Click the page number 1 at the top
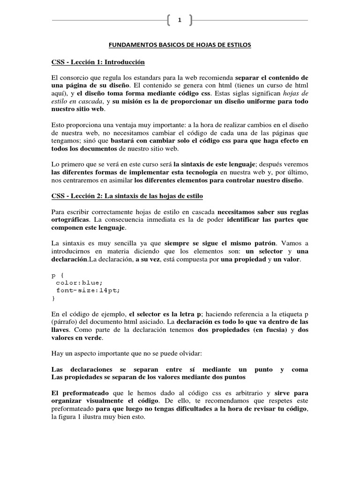(180, 20)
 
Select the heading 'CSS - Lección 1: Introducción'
(98, 62)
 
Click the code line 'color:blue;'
(79, 283)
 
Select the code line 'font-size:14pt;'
(88, 290)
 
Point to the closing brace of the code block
(53, 298)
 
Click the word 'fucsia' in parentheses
(270, 330)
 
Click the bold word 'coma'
(300, 369)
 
